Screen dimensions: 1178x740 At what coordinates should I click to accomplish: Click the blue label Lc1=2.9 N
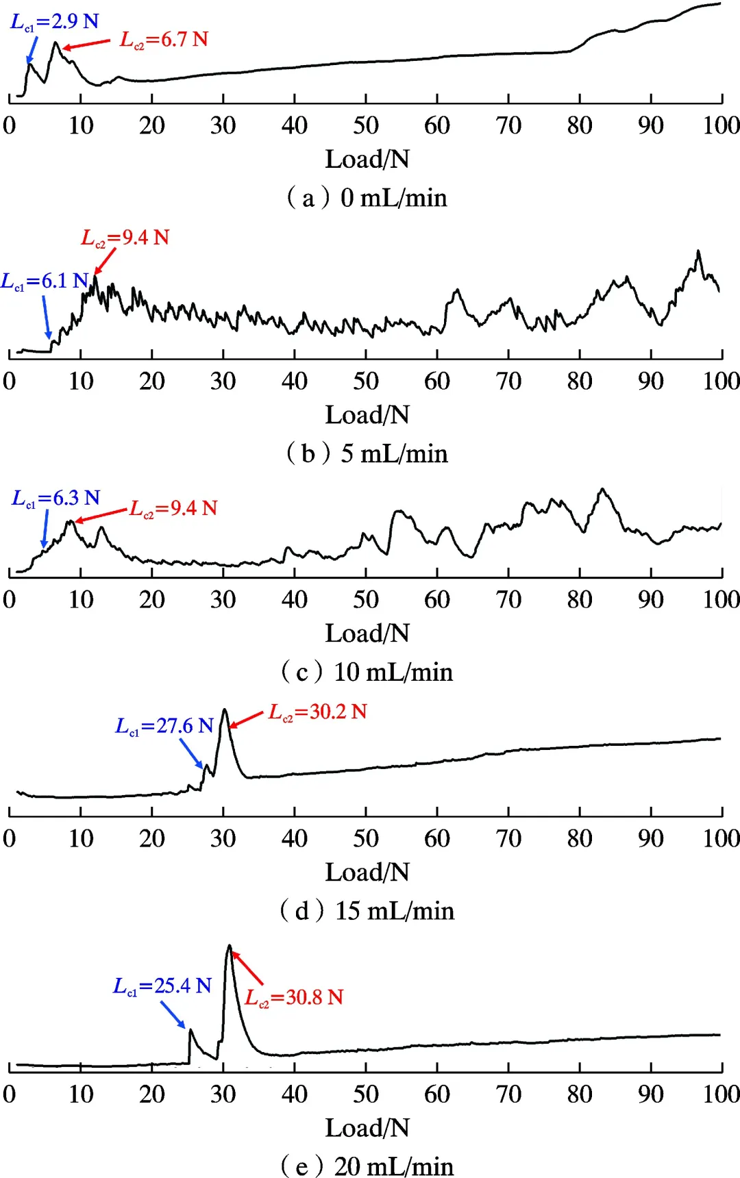pyautogui.click(x=55, y=22)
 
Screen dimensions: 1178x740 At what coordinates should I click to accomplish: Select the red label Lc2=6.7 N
pyautogui.click(x=164, y=40)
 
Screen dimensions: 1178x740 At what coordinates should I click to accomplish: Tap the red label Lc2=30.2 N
pyautogui.click(x=318, y=712)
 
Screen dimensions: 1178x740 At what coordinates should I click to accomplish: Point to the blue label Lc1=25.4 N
pyautogui.click(x=162, y=986)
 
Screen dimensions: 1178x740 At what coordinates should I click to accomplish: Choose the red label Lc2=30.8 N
pyautogui.click(x=294, y=997)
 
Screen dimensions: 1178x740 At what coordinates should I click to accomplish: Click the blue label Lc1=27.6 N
pyautogui.click(x=164, y=726)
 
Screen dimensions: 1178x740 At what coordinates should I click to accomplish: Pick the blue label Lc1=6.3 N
pyautogui.click(x=56, y=499)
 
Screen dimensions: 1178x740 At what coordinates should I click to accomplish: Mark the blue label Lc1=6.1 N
pyautogui.click(x=45, y=281)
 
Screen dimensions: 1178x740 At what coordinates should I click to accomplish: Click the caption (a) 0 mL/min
pyautogui.click(x=367, y=198)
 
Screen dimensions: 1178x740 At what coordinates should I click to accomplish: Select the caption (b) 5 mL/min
pyautogui.click(x=367, y=453)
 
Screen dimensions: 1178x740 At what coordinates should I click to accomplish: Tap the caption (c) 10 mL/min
pyautogui.click(x=367, y=672)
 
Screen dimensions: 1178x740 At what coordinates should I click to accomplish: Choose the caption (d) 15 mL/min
pyautogui.click(x=367, y=911)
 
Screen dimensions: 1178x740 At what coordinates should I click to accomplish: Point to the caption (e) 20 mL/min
pyautogui.click(x=367, y=1166)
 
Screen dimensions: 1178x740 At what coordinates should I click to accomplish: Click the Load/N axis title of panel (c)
pyautogui.click(x=367, y=634)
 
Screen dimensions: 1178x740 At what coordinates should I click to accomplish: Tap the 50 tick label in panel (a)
pyautogui.click(x=366, y=125)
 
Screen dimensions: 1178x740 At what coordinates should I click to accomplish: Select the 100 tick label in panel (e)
pyautogui.click(x=721, y=1094)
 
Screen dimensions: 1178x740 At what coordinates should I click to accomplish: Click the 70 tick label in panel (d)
pyautogui.click(x=508, y=838)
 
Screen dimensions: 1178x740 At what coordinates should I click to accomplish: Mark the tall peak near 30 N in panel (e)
pyautogui.click(x=230, y=949)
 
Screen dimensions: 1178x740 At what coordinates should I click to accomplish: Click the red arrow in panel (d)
pyautogui.click(x=247, y=719)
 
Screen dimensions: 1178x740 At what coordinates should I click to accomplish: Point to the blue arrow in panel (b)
pyautogui.click(x=47, y=316)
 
